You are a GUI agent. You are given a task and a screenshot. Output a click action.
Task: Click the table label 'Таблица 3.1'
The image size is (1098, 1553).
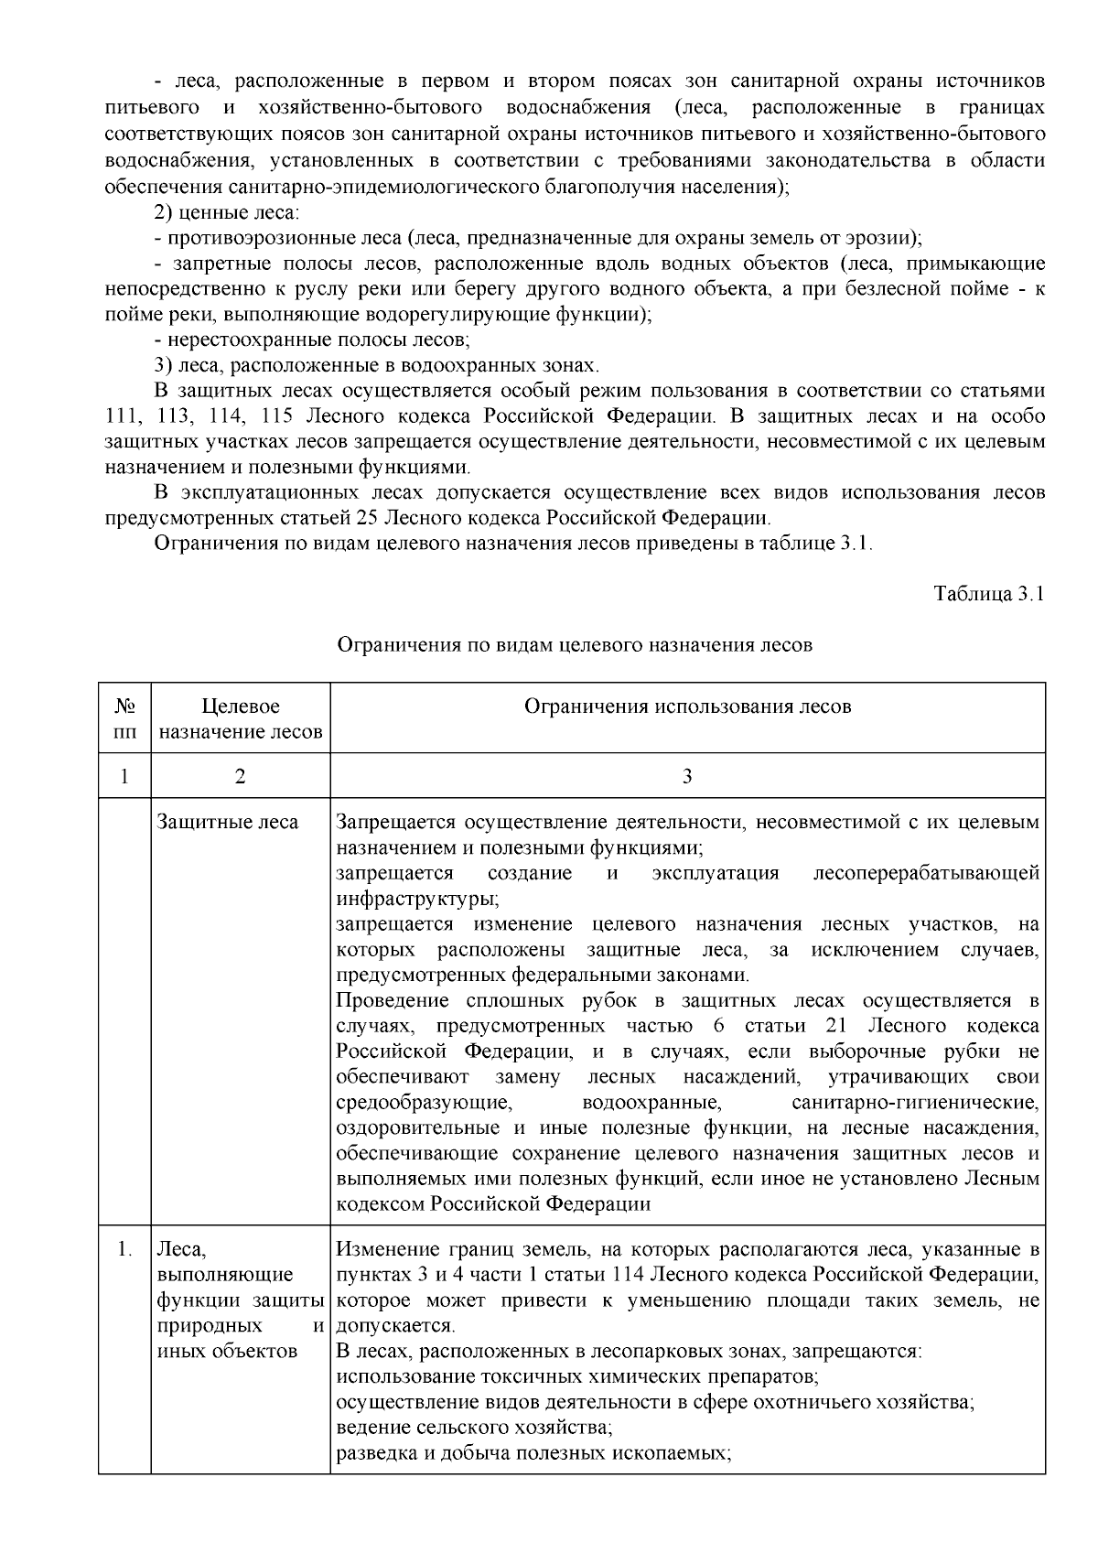point(988,594)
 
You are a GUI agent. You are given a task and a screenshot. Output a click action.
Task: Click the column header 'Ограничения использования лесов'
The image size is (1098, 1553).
point(687,706)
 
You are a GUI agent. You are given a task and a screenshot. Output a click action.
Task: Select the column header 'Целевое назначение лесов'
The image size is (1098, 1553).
point(240,718)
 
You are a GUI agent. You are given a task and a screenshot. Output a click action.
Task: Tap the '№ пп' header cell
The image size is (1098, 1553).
point(124,718)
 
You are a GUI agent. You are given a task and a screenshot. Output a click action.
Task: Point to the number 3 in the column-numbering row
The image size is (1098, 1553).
point(687,776)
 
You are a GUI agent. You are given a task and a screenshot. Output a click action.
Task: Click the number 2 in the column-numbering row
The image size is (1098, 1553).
point(240,776)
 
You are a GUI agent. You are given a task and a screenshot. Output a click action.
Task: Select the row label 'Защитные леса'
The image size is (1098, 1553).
point(228,822)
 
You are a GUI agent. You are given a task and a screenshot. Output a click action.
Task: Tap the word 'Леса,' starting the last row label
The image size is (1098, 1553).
point(183,1249)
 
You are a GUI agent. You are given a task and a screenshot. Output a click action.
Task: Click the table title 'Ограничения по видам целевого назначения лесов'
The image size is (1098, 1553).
point(575,645)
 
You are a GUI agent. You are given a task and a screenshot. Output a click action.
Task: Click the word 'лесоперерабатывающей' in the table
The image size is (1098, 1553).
point(926,873)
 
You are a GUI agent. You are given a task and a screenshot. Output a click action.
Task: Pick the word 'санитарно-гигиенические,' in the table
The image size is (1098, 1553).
point(915,1102)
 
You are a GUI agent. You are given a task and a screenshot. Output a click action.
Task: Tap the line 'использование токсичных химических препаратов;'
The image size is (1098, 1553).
point(576,1376)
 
